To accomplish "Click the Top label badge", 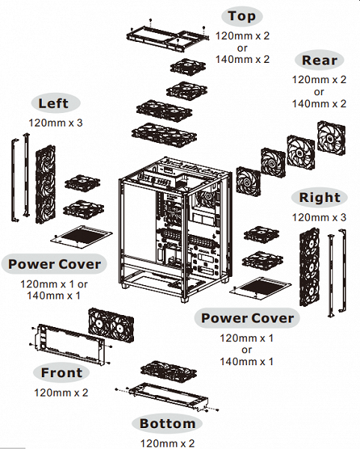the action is click(242, 16).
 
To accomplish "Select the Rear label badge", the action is click(320, 60).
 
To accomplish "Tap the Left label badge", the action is click(54, 103).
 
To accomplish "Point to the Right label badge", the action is click(320, 198).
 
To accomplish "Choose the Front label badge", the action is click(61, 373).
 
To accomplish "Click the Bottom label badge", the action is click(167, 424).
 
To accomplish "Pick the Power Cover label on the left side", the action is click(54, 264).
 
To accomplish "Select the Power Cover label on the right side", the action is click(247, 318).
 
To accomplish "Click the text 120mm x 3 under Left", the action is click(55, 123).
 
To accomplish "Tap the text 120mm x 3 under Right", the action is click(319, 217).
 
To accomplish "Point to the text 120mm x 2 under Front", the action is click(61, 393).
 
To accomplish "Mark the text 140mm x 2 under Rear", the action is click(319, 104).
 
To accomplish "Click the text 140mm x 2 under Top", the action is click(242, 59).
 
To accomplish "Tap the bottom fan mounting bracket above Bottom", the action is click(168, 397).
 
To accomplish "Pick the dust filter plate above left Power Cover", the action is click(82, 236).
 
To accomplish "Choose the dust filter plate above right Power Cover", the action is click(260, 288).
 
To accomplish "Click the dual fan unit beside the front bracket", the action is click(111, 325).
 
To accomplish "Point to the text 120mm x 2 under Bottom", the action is click(167, 444).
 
